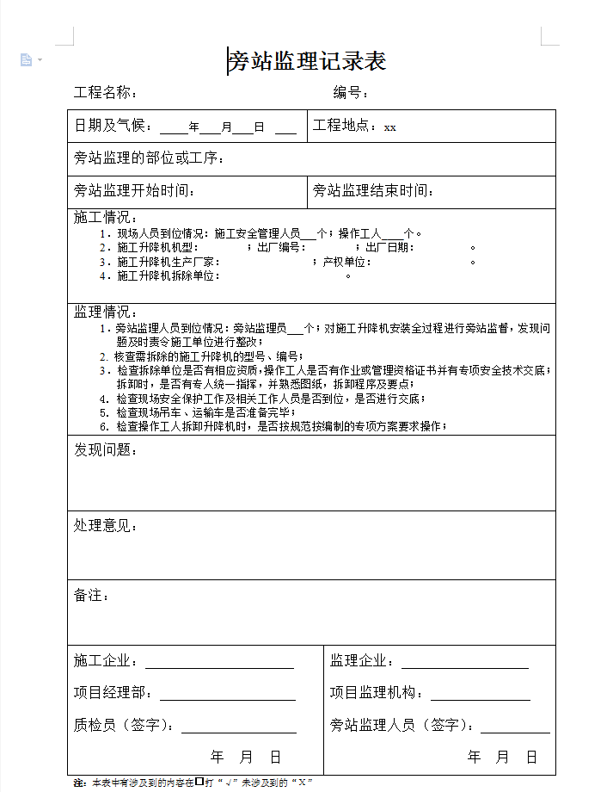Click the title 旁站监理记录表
point(307,61)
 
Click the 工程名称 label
point(104,93)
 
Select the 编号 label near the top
point(351,93)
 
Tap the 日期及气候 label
point(113,127)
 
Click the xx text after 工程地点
point(390,127)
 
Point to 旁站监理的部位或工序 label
point(149,158)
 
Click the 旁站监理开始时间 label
point(134,191)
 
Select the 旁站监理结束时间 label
point(372,191)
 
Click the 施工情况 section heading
point(105,218)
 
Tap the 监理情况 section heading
point(105,312)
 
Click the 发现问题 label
point(105,449)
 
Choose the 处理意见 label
point(105,525)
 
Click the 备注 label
point(91,595)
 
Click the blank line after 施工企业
point(219,663)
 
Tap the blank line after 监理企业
point(464,663)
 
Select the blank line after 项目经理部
point(227,695)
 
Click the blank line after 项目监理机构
point(480,695)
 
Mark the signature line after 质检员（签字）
point(239,727)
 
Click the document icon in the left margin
point(26,60)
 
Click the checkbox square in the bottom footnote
point(199,782)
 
